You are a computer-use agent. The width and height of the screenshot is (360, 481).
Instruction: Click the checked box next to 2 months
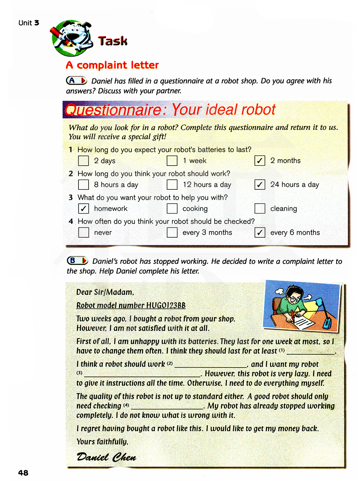tap(260, 161)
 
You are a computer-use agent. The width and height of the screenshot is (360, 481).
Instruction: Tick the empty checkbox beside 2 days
tap(84, 161)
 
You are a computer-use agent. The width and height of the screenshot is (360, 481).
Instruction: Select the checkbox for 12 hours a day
tap(172, 185)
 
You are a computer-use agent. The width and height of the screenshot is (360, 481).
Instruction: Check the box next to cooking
tap(172, 208)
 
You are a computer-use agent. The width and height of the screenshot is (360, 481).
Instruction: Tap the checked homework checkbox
tap(84, 208)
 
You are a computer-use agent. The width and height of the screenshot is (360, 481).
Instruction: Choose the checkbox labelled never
tap(84, 232)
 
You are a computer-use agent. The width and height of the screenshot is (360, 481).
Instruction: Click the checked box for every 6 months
tap(260, 232)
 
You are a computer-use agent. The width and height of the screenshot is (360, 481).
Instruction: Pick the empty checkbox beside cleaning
tap(260, 208)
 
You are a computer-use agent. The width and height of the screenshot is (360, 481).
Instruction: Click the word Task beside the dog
tap(113, 41)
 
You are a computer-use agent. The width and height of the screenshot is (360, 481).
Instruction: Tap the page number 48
tap(23, 473)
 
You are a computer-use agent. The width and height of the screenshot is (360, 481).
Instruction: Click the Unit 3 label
tap(29, 23)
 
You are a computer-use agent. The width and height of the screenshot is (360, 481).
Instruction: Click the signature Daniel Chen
tap(107, 458)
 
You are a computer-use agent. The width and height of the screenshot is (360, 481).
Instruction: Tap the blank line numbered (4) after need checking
tap(167, 407)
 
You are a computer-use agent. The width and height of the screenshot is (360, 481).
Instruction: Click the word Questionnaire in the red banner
tap(114, 110)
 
